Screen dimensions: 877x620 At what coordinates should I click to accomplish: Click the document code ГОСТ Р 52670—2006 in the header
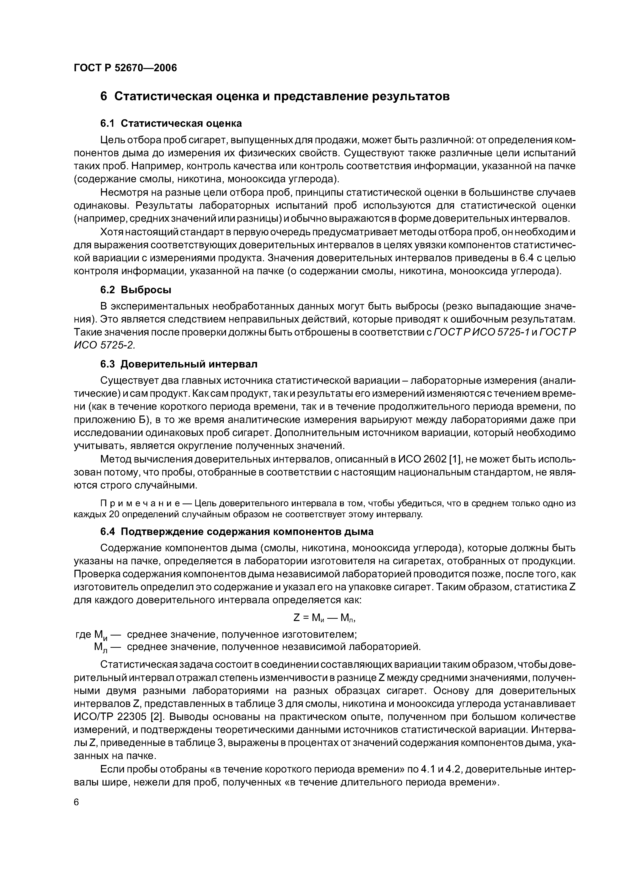click(125, 68)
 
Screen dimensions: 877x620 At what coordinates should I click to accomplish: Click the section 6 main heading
click(274, 96)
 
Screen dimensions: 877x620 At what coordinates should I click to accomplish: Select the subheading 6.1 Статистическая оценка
click(171, 123)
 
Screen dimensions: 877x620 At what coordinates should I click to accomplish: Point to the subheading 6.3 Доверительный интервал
click(178, 364)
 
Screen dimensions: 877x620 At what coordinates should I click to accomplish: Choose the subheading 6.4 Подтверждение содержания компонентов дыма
click(236, 531)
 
